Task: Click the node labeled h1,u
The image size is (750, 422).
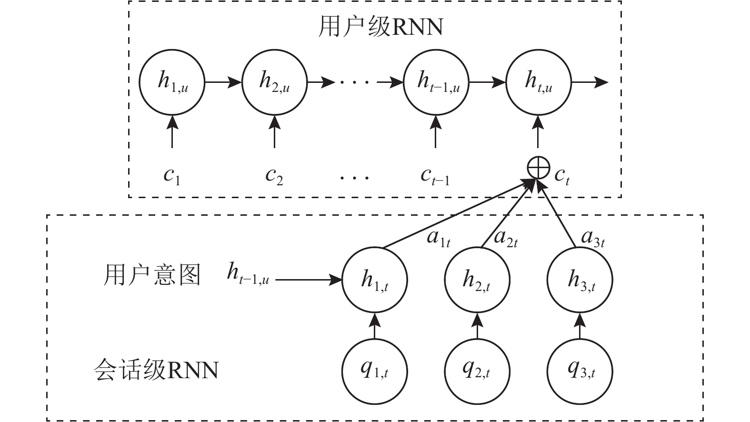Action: click(x=172, y=82)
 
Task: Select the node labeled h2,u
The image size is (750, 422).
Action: click(x=274, y=82)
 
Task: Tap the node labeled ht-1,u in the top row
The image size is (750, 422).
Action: click(x=436, y=82)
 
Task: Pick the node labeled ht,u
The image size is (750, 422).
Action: click(x=538, y=82)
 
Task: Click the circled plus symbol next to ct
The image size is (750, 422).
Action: click(x=538, y=168)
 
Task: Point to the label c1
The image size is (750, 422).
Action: click(x=172, y=176)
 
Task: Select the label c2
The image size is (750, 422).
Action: click(x=274, y=176)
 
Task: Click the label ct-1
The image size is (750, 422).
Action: click(x=435, y=176)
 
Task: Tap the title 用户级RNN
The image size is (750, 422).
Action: click(x=380, y=27)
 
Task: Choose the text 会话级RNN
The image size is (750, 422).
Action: click(x=156, y=370)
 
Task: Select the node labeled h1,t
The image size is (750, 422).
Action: click(x=375, y=279)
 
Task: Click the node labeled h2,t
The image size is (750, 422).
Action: click(x=477, y=279)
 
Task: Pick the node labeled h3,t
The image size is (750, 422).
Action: click(x=580, y=279)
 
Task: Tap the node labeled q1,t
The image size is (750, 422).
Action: click(x=375, y=370)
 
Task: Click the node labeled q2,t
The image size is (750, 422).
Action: click(x=477, y=370)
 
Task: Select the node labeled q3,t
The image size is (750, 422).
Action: click(x=580, y=370)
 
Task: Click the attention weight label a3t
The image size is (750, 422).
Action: click(x=593, y=238)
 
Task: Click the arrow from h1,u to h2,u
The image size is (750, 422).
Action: click(x=223, y=82)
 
